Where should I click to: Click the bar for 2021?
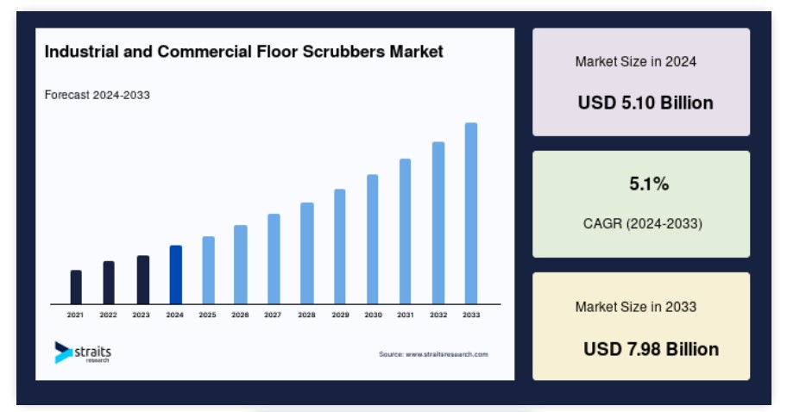click(76, 287)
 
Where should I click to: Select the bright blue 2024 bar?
click(176, 275)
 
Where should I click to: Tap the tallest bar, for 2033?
click(471, 213)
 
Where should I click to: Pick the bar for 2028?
click(307, 253)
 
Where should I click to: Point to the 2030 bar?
click(372, 240)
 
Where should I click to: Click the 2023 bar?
click(143, 280)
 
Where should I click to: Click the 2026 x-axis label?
click(240, 315)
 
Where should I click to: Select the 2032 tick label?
click(438, 315)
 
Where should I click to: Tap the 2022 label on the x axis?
click(108, 315)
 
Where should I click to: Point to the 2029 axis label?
click(340, 315)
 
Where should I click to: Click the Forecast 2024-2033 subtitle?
click(98, 95)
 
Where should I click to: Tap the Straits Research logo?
click(83, 353)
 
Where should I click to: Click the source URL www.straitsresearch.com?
click(447, 354)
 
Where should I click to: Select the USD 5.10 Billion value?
click(645, 103)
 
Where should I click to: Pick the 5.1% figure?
click(649, 184)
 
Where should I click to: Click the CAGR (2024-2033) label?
click(643, 223)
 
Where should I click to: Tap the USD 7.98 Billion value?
click(651, 349)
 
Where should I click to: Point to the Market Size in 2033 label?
click(636, 307)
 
